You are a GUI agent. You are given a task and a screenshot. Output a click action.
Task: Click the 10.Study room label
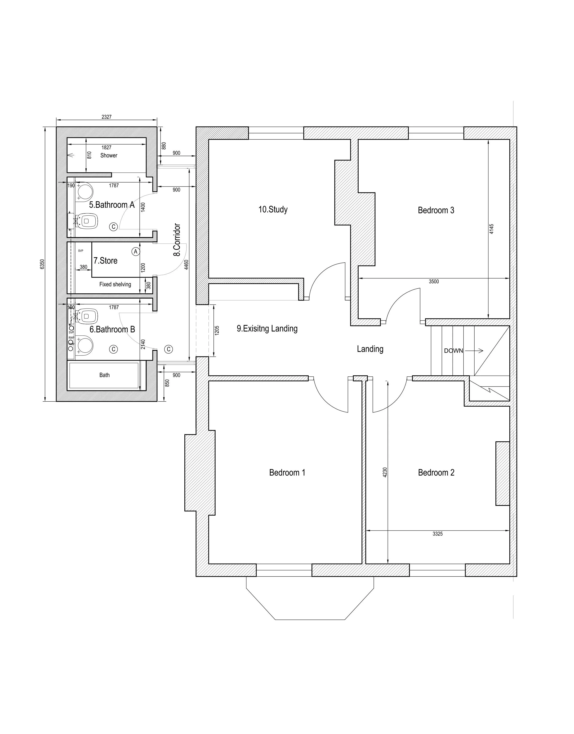(x=273, y=210)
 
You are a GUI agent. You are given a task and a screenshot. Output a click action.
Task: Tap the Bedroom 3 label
(x=436, y=210)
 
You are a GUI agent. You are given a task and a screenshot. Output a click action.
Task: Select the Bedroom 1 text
(x=287, y=473)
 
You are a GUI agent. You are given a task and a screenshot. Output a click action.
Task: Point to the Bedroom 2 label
(x=436, y=473)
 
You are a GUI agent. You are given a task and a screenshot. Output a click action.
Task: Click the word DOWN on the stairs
(x=453, y=351)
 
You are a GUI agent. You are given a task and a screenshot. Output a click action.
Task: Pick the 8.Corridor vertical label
(x=177, y=240)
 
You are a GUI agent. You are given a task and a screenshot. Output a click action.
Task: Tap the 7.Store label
(x=105, y=261)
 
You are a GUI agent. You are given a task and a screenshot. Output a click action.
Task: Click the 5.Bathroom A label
(x=112, y=205)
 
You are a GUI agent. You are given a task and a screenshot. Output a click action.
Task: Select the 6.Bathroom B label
(x=112, y=329)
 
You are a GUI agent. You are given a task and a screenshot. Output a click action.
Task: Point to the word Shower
(x=109, y=156)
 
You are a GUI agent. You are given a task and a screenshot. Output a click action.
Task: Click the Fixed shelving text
(x=115, y=284)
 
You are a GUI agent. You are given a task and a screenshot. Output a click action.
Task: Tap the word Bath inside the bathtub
(x=104, y=375)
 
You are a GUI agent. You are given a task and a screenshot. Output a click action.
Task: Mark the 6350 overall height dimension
(x=42, y=264)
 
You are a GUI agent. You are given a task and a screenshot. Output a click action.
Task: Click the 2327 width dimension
(x=106, y=117)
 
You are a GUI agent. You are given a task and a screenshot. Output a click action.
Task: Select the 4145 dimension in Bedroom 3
(x=492, y=229)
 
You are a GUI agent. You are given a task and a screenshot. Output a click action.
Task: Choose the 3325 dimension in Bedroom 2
(x=437, y=534)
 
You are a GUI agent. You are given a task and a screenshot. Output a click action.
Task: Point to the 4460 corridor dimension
(x=186, y=265)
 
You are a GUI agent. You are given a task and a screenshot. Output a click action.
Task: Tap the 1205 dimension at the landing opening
(x=217, y=330)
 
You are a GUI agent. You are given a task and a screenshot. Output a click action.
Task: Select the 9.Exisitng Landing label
(x=267, y=329)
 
